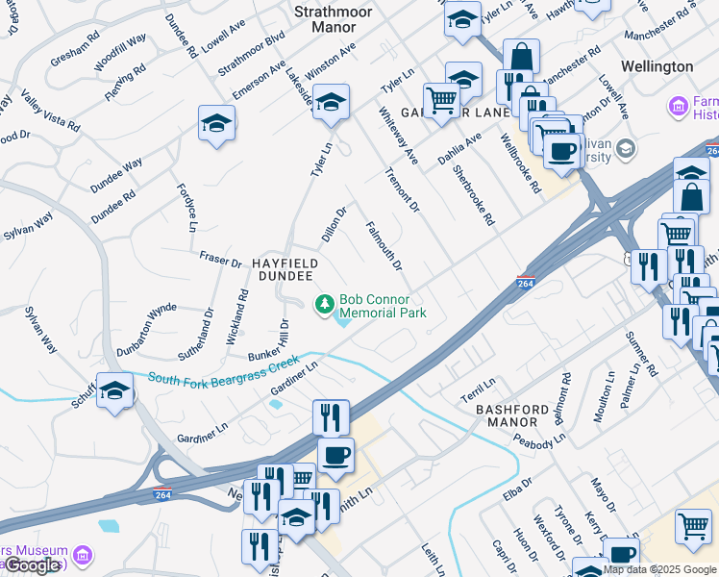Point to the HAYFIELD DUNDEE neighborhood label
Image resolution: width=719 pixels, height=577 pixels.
pyautogui.click(x=285, y=268)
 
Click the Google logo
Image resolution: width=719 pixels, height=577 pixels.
pyautogui.click(x=32, y=565)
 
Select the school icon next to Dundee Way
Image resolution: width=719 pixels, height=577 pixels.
pyautogui.click(x=217, y=123)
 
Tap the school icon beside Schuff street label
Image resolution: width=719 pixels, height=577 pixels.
pyautogui.click(x=114, y=390)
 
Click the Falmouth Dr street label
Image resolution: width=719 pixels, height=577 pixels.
pyautogui.click(x=384, y=244)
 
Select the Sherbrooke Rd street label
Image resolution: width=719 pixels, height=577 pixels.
pyautogui.click(x=474, y=194)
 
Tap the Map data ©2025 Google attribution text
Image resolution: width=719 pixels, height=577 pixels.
pyautogui.click(x=659, y=569)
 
